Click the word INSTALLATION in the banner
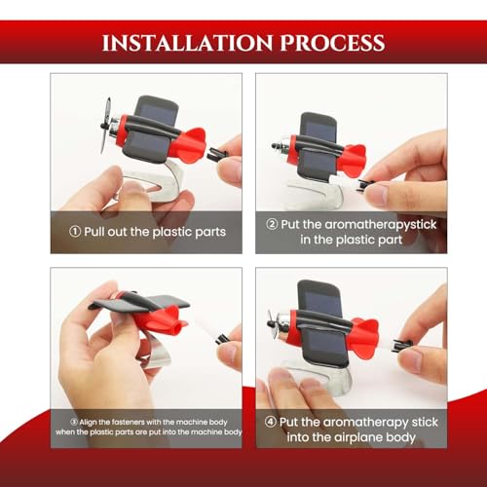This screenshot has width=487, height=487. [187, 43]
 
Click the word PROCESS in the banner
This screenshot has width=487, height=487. [332, 43]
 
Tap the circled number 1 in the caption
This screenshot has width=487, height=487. [75, 232]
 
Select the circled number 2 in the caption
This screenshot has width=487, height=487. [272, 224]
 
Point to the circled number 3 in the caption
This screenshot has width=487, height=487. [74, 422]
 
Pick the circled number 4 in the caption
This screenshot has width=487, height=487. [270, 422]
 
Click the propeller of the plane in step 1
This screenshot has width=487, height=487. [105, 125]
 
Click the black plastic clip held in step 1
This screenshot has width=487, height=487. [217, 154]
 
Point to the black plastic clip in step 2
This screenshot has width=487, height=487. [364, 185]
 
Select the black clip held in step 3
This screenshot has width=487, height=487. [222, 339]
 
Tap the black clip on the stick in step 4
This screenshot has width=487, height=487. [401, 345]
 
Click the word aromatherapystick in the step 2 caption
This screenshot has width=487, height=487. [381, 225]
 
